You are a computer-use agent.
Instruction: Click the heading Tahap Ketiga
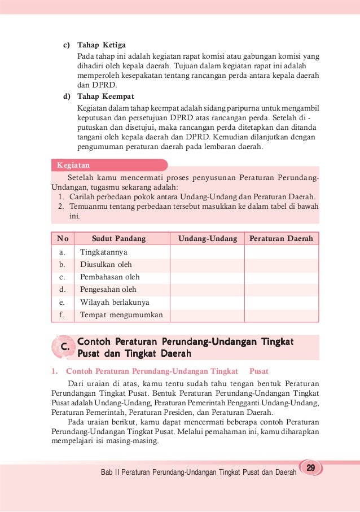click(x=102, y=45)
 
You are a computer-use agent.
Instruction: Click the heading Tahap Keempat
click(x=106, y=96)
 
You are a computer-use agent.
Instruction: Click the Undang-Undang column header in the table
click(x=208, y=239)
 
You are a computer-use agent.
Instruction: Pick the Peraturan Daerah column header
click(x=281, y=239)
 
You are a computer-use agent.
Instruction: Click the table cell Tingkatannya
click(x=104, y=252)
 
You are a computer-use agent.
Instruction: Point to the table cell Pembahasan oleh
click(x=110, y=277)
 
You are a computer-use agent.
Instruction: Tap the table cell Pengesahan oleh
click(x=108, y=290)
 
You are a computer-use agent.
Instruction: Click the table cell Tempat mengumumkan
click(x=121, y=315)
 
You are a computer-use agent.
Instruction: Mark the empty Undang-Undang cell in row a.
click(x=207, y=252)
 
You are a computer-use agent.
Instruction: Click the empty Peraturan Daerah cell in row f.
click(x=281, y=315)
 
